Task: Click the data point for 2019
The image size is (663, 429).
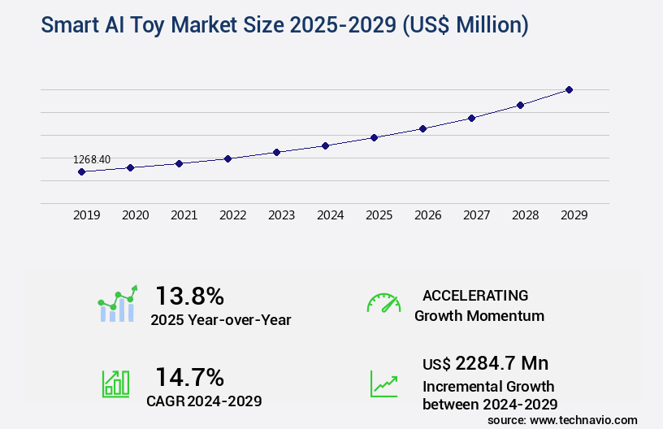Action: click(81, 171)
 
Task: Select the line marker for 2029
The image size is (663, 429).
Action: click(569, 89)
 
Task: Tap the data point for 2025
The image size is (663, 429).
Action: click(374, 137)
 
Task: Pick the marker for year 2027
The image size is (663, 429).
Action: click(471, 118)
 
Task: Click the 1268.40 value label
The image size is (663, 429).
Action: click(92, 159)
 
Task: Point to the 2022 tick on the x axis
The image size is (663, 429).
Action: click(232, 215)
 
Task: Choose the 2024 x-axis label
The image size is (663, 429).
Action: click(330, 215)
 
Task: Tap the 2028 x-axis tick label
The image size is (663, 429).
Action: click(525, 215)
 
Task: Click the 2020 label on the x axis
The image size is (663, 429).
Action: click(135, 215)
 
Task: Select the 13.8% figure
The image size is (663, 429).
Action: click(189, 295)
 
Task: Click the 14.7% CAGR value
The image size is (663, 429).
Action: click(189, 377)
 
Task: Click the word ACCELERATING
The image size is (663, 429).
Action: click(475, 296)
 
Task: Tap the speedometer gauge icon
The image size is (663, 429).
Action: click(383, 303)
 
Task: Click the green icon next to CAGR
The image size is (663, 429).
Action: click(115, 383)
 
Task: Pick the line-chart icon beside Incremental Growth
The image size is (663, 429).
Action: click(383, 383)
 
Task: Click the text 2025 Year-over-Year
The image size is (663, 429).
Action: click(220, 320)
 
